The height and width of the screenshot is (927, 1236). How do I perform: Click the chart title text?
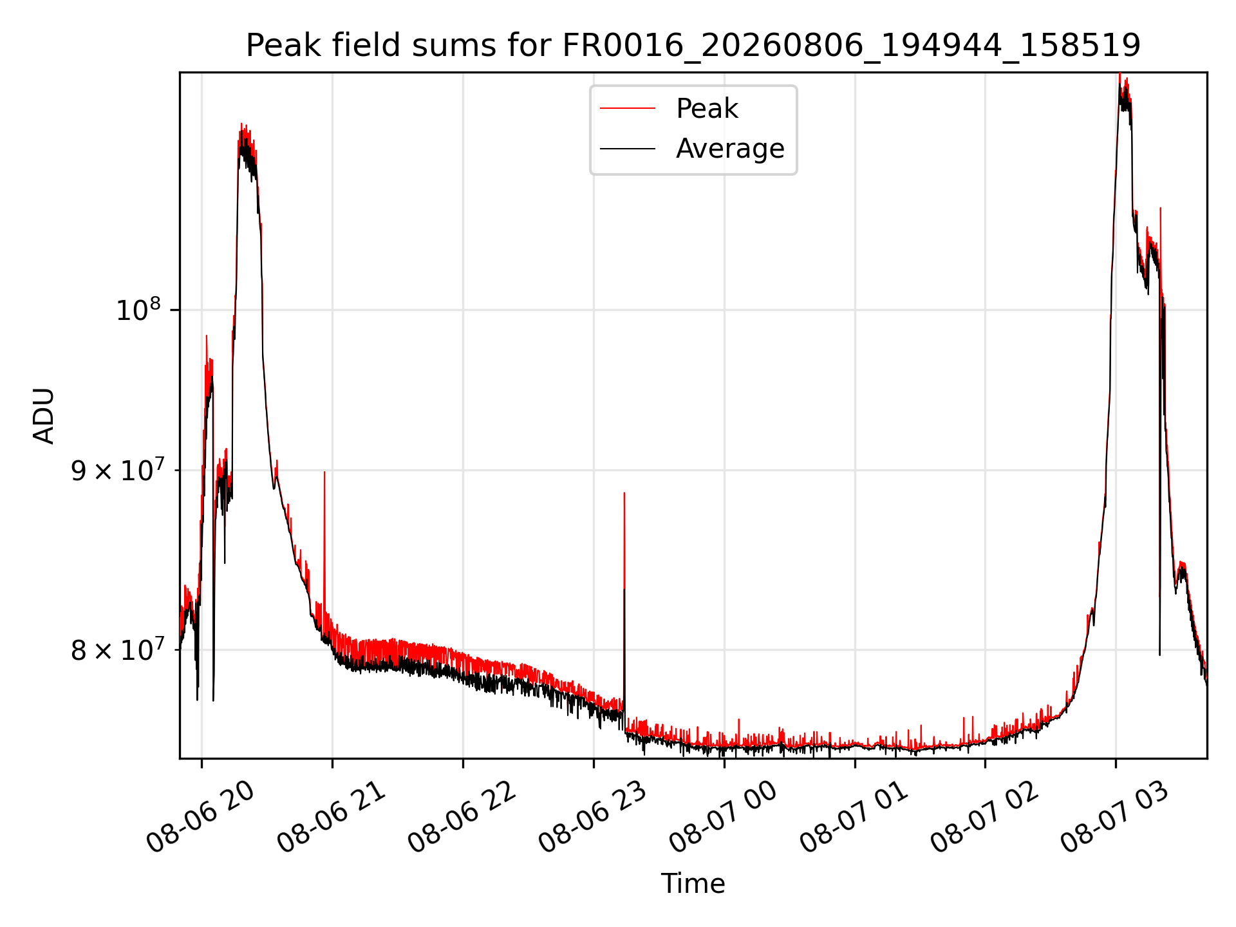coord(693,46)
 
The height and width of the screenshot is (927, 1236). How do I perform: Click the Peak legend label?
coord(707,109)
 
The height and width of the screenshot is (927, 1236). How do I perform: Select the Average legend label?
coord(730,149)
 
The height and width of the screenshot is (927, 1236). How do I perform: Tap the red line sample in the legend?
coord(628,109)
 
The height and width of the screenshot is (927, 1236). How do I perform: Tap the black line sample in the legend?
coord(628,149)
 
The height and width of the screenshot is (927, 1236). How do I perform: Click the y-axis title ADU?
coord(44,416)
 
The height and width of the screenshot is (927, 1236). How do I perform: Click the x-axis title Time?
coord(693,884)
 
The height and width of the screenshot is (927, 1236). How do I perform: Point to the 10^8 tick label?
coord(138,310)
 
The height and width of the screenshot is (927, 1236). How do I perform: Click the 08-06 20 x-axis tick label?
coord(200,818)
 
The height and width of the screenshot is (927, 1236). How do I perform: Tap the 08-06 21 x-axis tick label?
coord(331,818)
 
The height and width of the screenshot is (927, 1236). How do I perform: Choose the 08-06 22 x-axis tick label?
coord(462,818)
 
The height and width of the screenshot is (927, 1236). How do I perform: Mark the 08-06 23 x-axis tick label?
coord(592,818)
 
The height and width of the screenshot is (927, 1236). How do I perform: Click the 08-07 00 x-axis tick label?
coord(723,818)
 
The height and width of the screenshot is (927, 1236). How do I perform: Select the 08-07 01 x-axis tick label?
coord(854,818)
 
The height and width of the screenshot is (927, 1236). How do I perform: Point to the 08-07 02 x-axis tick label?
coord(984,818)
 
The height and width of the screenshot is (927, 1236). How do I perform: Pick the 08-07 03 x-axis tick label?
coord(1115,818)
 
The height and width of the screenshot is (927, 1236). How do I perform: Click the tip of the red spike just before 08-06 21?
coord(324,472)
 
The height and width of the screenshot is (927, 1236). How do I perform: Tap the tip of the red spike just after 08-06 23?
coord(624,493)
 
